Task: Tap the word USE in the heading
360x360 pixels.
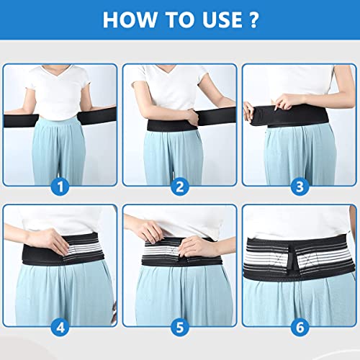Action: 222,19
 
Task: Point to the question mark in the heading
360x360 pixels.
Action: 253,19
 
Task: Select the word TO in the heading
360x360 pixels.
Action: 180,19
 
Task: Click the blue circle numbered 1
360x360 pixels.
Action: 60,186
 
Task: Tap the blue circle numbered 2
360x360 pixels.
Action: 180,186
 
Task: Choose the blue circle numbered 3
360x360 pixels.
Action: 300,186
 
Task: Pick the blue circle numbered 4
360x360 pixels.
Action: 60,327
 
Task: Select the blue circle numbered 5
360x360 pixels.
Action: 180,327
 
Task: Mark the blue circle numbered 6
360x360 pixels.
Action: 300,327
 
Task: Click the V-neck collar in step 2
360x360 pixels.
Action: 167,71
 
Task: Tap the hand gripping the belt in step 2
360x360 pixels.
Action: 192,118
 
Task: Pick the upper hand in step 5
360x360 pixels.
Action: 153,230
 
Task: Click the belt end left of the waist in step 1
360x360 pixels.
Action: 21,121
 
